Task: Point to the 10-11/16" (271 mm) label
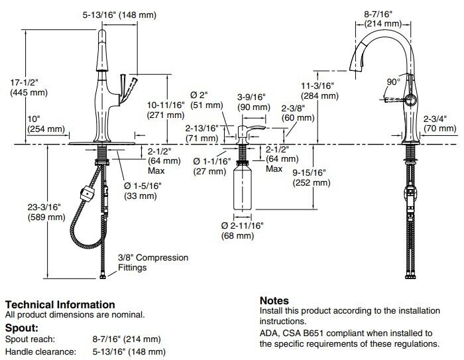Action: click(165, 109)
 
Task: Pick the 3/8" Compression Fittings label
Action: click(152, 263)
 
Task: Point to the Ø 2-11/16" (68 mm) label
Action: click(242, 231)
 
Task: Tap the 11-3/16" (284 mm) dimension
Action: click(320, 90)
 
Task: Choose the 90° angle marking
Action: click(393, 82)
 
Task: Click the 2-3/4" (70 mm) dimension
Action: click(438, 124)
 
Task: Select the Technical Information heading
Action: click(60, 304)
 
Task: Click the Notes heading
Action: click(274, 300)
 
